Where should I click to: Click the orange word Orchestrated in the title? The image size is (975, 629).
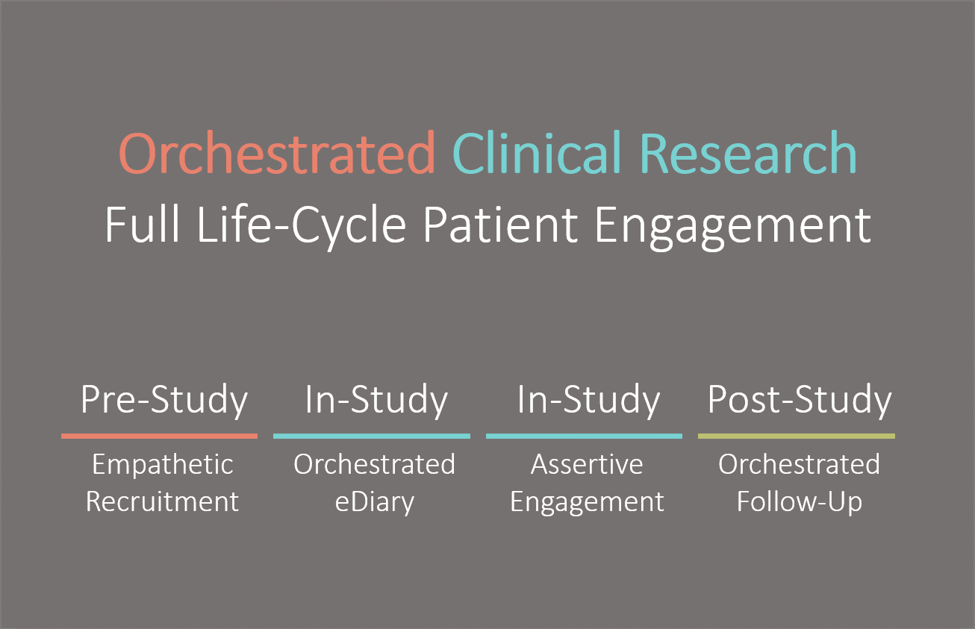point(277,153)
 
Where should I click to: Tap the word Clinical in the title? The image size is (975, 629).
point(537,152)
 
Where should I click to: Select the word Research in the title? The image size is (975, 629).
point(748,152)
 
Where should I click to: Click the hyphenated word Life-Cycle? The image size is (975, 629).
point(302,227)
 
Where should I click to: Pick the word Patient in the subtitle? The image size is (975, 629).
point(500,225)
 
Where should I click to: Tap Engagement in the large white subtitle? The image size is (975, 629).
point(732,228)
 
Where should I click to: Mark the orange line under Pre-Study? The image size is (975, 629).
point(159,436)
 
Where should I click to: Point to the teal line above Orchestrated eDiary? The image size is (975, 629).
point(372,436)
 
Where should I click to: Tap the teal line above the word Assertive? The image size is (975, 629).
point(584,436)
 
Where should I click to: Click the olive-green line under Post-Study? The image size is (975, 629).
point(797,436)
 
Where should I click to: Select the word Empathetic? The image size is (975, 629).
point(163,465)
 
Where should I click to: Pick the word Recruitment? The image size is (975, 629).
point(162,501)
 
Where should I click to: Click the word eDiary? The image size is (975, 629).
point(374,503)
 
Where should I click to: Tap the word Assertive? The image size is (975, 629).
point(587,464)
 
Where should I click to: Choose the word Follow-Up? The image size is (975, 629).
point(800,503)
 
